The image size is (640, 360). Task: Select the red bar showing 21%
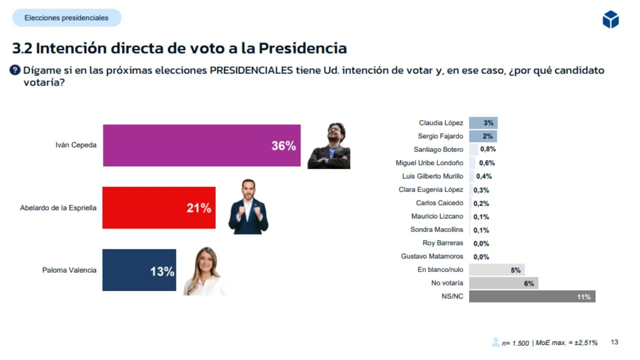tap(159, 207)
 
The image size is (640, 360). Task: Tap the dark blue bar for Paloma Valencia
tap(139, 270)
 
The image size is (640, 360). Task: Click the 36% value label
tap(283, 146)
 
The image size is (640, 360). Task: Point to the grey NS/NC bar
tap(532, 296)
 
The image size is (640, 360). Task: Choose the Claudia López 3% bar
tap(483, 123)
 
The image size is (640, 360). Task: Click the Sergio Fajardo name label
tap(440, 136)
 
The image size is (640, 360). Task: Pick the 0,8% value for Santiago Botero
tap(487, 149)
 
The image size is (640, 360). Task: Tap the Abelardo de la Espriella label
tap(58, 207)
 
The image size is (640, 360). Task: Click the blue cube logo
tap(610, 19)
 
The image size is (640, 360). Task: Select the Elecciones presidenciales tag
tap(66, 18)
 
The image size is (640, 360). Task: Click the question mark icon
tap(15, 70)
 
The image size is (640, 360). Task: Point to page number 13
tap(614, 342)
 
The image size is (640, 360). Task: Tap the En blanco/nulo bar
tap(496, 270)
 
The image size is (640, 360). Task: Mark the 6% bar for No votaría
tap(503, 283)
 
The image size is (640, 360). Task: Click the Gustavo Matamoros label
tap(432, 256)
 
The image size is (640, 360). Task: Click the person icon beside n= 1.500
tap(495, 342)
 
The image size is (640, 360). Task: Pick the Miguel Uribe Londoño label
tap(429, 162)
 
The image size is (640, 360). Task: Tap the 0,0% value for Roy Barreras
tap(481, 243)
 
